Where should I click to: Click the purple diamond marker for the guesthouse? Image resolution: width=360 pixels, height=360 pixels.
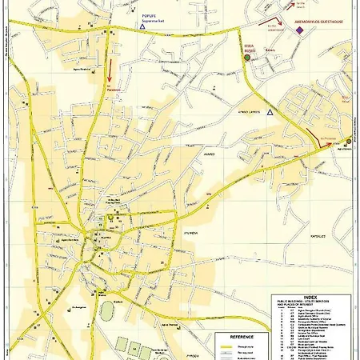coord(299,30)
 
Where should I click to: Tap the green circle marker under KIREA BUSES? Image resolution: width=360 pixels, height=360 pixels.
coord(247,58)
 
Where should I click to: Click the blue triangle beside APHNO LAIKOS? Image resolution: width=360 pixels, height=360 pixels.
coord(271,114)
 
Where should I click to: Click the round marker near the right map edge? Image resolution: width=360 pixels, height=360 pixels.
coord(349,139)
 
